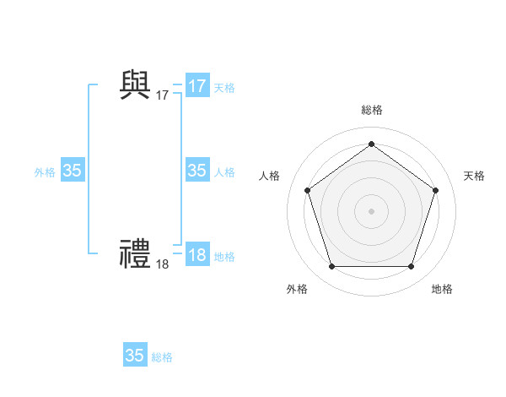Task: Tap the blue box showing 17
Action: point(197,85)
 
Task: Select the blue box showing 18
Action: point(197,255)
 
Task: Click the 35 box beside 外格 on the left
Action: point(73,171)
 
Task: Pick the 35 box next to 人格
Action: point(197,171)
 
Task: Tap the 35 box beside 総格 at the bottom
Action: point(135,356)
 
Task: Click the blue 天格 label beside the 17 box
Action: point(224,87)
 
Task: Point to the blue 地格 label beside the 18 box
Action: point(224,257)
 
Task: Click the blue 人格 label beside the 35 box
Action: point(224,172)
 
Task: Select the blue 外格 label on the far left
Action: point(45,172)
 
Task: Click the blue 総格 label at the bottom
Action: point(162,357)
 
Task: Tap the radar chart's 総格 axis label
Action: point(371,111)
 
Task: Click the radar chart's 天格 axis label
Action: point(474,176)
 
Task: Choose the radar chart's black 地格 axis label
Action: point(442,289)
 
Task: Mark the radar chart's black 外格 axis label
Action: point(297,289)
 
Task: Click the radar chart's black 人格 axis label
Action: point(268,176)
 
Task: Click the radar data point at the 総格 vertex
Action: point(371,144)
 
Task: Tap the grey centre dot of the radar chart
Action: point(371,210)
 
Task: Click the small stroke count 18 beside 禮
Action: point(162,264)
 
